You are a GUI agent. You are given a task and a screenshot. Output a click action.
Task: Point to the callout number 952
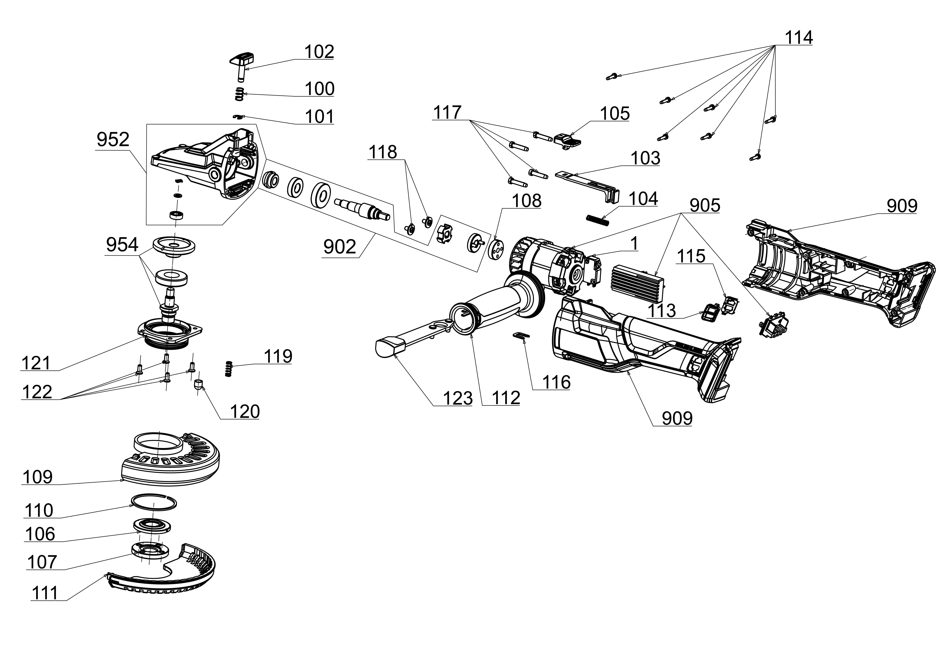(113, 140)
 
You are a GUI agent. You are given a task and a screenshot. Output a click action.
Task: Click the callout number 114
(798, 37)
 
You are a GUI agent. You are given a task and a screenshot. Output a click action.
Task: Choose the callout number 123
(457, 398)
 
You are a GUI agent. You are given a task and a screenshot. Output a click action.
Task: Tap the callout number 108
(527, 201)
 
